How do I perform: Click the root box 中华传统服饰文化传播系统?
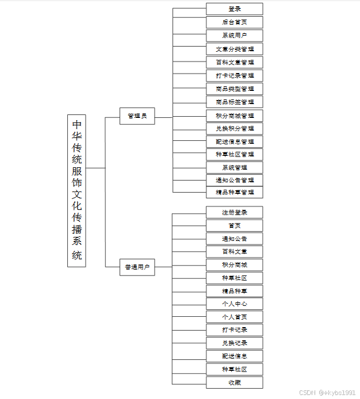[x=76, y=190]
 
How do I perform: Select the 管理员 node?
[x=137, y=116]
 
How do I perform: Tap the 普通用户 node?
[x=137, y=267]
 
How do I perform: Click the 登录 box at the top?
[x=235, y=9]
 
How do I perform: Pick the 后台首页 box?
[x=235, y=22]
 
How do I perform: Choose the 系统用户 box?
[x=235, y=36]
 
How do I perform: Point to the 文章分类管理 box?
[x=235, y=49]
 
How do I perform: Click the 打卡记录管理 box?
[x=235, y=75]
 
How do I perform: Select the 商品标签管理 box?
[x=235, y=102]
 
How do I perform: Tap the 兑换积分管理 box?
[x=235, y=128]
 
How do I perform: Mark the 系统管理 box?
[x=235, y=167]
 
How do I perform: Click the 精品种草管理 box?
[x=235, y=192]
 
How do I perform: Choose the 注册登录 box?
[x=235, y=212]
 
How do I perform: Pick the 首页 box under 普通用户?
[x=235, y=225]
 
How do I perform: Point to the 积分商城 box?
[x=235, y=264]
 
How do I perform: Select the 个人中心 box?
[x=235, y=304]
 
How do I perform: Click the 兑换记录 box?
[x=235, y=343]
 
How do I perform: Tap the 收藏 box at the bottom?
[x=235, y=382]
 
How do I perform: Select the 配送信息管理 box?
[x=235, y=141]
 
